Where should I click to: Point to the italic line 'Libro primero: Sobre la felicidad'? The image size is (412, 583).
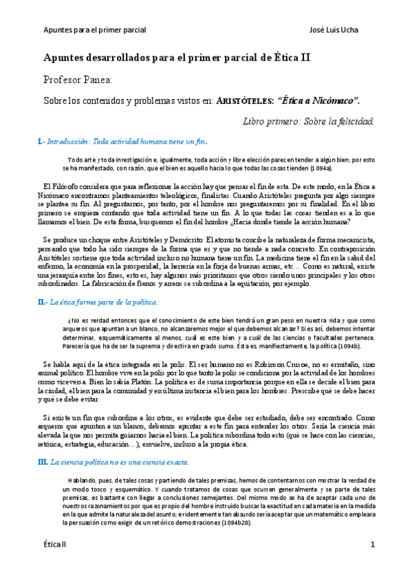[308, 122]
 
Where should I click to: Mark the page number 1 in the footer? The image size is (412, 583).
[372, 564]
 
